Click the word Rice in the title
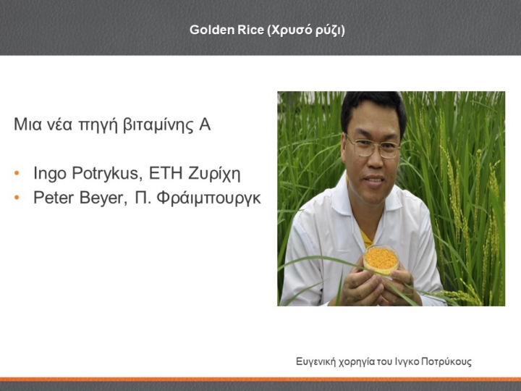(x=251, y=30)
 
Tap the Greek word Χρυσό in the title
(x=286, y=30)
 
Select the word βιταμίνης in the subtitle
(x=158, y=125)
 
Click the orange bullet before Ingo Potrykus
(x=17, y=173)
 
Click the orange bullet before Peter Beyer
(x=17, y=198)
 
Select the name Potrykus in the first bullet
(x=107, y=174)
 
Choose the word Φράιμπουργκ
(x=208, y=198)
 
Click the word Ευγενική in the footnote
(x=315, y=362)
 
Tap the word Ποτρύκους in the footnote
(x=446, y=362)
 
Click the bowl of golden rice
(x=381, y=260)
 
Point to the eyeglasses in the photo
(x=373, y=146)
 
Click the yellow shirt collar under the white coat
(x=366, y=239)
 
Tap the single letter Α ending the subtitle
(x=205, y=125)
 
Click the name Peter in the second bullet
(x=55, y=198)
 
